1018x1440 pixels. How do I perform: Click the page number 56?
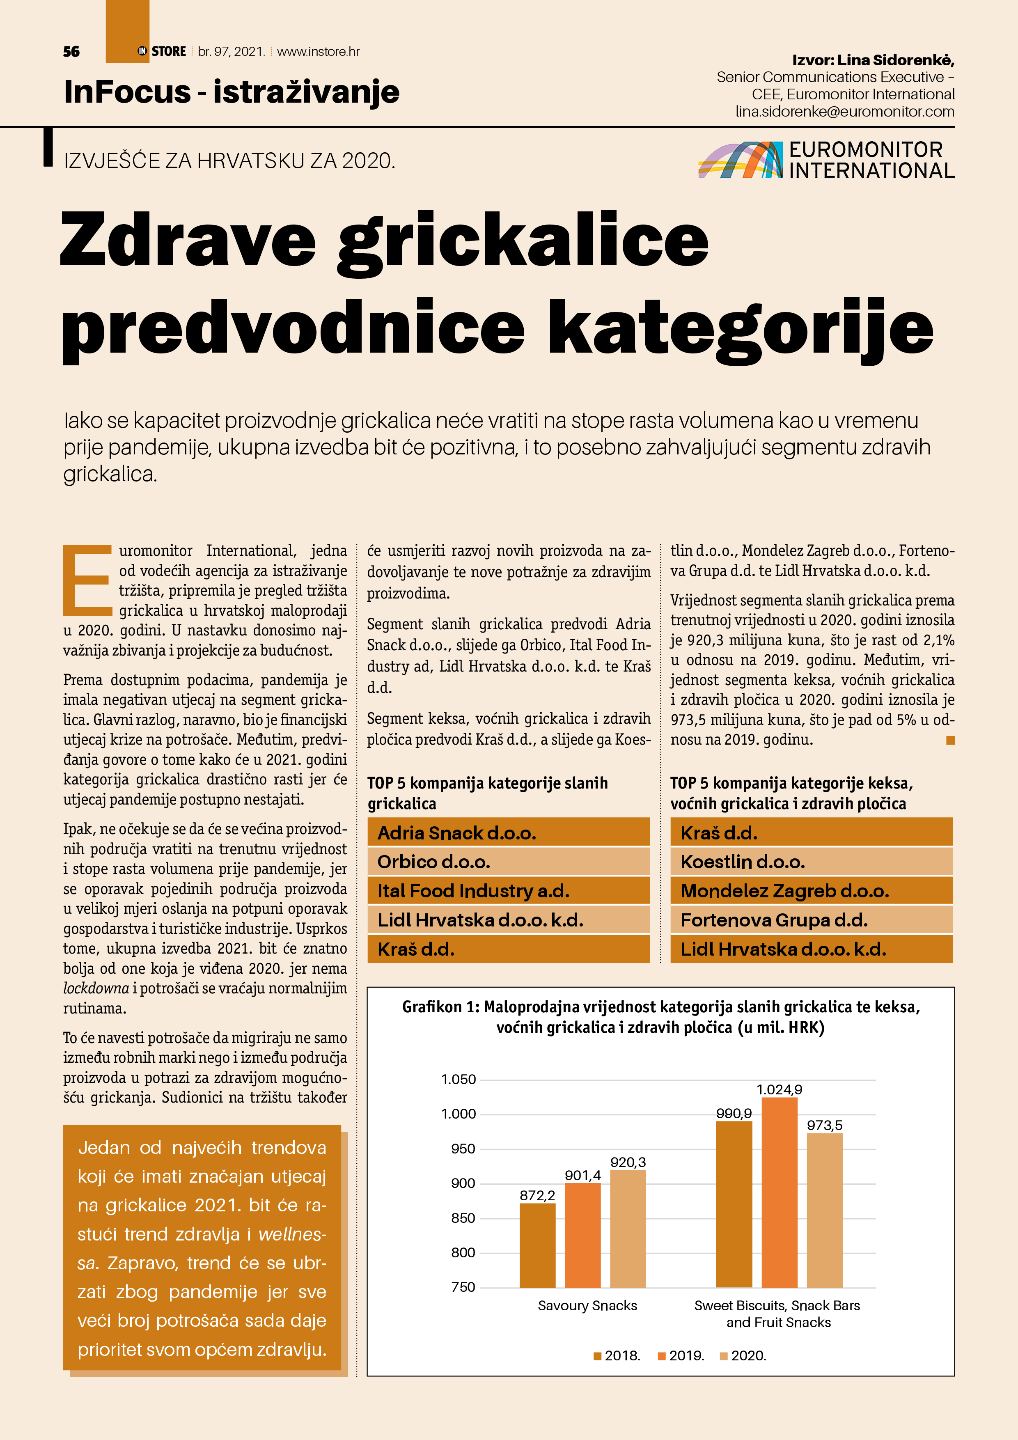click(x=71, y=51)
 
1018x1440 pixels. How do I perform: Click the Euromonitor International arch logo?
click(x=740, y=160)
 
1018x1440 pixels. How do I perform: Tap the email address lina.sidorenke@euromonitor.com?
click(x=844, y=112)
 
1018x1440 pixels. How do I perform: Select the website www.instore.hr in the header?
click(x=318, y=51)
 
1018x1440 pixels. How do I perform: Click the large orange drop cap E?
click(x=87, y=580)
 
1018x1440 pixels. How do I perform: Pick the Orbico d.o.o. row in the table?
click(x=508, y=862)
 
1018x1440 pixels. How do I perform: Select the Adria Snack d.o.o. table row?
click(x=508, y=832)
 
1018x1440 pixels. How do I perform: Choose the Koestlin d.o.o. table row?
click(x=811, y=862)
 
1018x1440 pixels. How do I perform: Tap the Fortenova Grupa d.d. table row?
click(x=811, y=920)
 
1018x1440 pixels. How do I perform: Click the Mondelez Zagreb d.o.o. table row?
click(x=811, y=891)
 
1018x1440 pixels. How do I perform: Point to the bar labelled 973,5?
click(x=824, y=1211)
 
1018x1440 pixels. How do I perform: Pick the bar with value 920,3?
click(x=628, y=1229)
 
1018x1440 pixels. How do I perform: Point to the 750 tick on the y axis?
click(x=463, y=1287)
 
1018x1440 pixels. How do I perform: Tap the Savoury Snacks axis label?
click(x=587, y=1306)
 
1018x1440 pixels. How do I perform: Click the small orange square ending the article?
click(x=950, y=741)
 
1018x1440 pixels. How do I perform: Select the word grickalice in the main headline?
click(x=523, y=241)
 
